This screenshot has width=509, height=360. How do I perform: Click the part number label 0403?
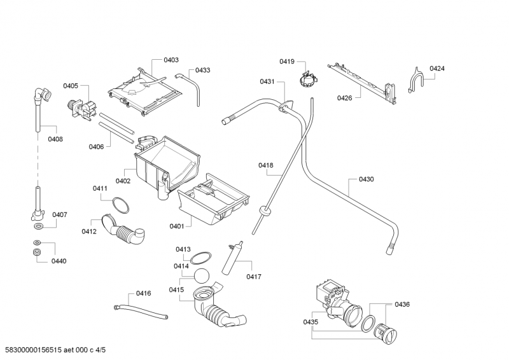point(171,60)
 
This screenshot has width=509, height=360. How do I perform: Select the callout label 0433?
point(203,70)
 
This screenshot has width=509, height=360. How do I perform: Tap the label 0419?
point(286,61)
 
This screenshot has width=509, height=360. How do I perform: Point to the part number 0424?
point(436,68)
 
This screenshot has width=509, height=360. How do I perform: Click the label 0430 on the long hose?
point(366,179)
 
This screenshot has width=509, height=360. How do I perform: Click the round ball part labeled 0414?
point(203,276)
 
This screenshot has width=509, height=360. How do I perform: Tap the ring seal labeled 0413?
point(202,258)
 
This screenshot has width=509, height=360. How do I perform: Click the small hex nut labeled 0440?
point(37,254)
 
